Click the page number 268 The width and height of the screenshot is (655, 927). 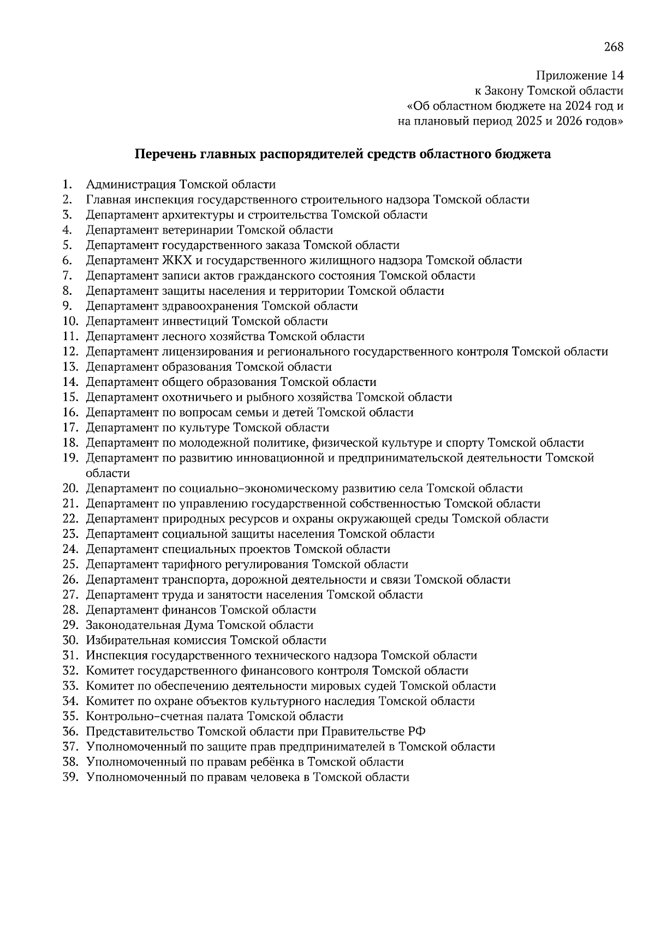(613, 47)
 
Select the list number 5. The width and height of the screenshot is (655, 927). (67, 245)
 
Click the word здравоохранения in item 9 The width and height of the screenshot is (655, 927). (210, 306)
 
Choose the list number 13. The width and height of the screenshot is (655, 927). (71, 367)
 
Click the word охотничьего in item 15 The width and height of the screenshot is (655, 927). (199, 397)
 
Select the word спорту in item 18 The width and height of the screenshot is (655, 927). (466, 443)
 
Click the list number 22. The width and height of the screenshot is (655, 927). (71, 519)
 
